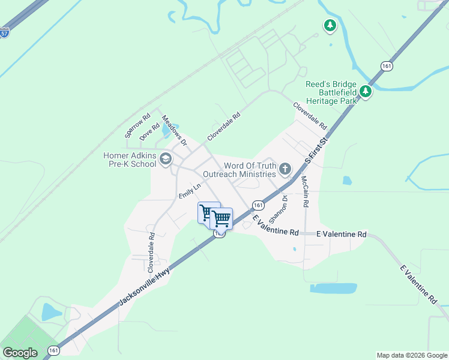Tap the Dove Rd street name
pyautogui.click(x=149, y=132)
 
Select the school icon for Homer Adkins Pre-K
pyautogui.click(x=166, y=159)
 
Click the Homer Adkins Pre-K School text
pyautogui.click(x=130, y=160)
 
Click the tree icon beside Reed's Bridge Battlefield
pyautogui.click(x=365, y=92)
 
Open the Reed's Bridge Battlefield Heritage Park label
pyautogui.click(x=331, y=92)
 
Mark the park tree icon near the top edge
pyautogui.click(x=329, y=25)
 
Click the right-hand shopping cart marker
pyautogui.click(x=222, y=218)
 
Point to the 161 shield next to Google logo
pyautogui.click(x=54, y=350)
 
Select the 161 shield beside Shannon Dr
pyautogui.click(x=256, y=205)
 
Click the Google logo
pyautogui.click(x=20, y=353)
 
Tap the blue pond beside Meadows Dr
pyautogui.click(x=166, y=130)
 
